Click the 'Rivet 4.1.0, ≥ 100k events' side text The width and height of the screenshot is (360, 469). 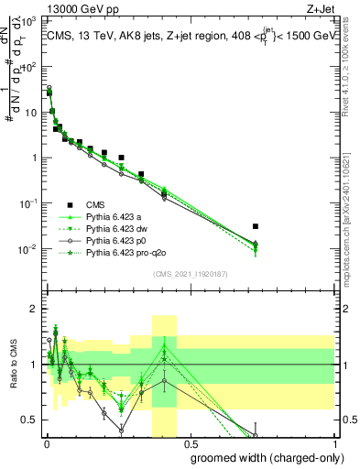352,69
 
